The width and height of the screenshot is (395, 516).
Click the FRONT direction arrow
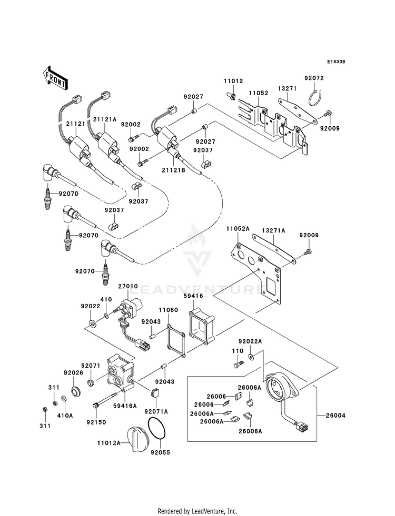55,78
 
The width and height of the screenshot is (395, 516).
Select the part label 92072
314,78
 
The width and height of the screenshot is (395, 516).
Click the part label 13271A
273,231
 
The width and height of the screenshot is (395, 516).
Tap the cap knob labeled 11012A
137,439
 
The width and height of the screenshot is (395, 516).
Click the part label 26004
335,416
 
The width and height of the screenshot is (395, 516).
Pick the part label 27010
128,287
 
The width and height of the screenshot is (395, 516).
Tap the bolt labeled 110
239,364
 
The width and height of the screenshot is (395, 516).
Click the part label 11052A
238,228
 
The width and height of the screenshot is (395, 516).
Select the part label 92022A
250,341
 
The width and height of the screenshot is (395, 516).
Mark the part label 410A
65,416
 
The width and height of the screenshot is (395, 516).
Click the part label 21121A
104,119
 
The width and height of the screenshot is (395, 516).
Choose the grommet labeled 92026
76,391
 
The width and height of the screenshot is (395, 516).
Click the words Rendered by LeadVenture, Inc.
197,511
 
